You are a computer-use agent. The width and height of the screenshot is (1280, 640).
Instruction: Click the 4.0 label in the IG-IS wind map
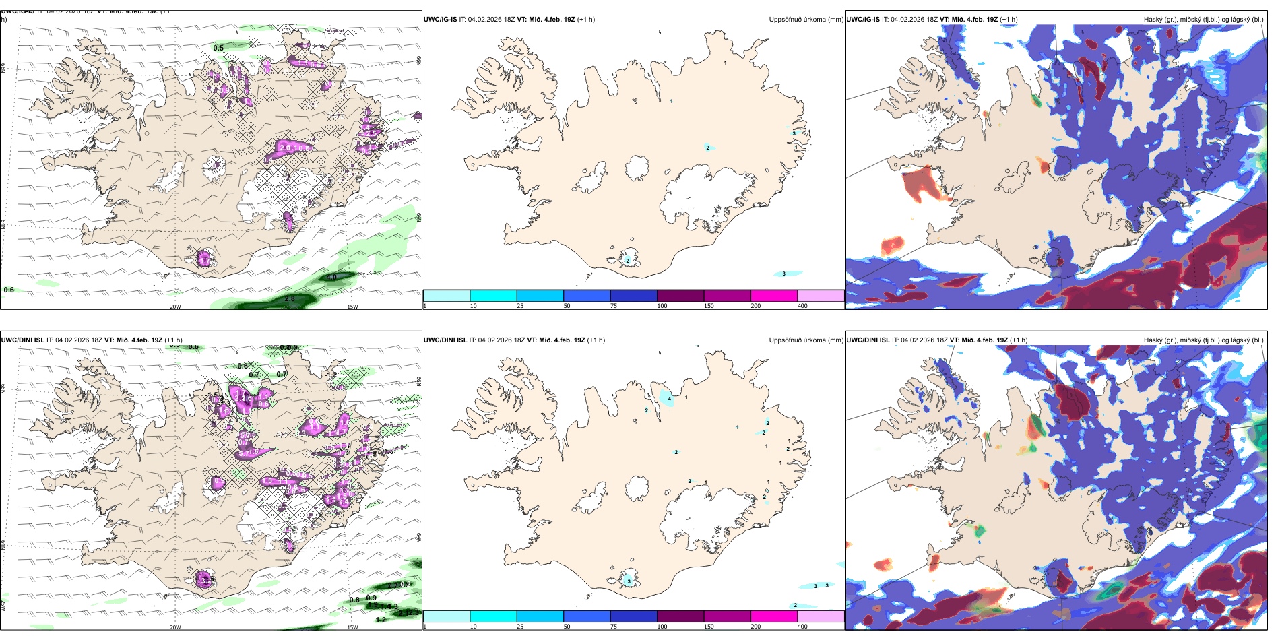coord(331,277)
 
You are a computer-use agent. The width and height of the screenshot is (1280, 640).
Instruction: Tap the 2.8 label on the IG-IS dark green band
coord(290,298)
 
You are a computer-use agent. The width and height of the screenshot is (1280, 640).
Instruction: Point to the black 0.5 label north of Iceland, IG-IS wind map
coord(218,48)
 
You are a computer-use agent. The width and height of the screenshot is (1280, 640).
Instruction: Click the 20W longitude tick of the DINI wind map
coord(175,627)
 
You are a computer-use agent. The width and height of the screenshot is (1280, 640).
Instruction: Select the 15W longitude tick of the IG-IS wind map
coord(352,307)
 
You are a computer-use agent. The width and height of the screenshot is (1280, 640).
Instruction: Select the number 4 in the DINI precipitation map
coord(669,399)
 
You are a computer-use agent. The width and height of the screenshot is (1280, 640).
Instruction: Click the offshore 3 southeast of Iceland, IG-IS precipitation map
coord(783,274)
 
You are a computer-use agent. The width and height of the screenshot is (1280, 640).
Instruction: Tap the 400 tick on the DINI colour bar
coord(802,627)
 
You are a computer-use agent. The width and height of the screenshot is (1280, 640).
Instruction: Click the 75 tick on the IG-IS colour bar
coord(614,306)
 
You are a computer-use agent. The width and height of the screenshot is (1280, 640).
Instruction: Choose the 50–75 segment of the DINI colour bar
coord(586,616)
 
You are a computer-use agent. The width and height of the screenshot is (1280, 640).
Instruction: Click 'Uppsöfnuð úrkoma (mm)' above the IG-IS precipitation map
coord(806,20)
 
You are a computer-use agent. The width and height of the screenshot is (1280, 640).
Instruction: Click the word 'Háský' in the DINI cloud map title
coord(1153,340)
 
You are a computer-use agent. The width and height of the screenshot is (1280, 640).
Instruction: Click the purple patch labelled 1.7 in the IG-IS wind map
coord(204,258)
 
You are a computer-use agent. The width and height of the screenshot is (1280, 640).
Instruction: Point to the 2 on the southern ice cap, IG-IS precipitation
coord(627,260)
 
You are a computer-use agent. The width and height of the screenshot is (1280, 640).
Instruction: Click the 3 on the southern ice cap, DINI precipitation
coord(629,581)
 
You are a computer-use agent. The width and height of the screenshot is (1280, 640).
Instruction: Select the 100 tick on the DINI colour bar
coord(662,627)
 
